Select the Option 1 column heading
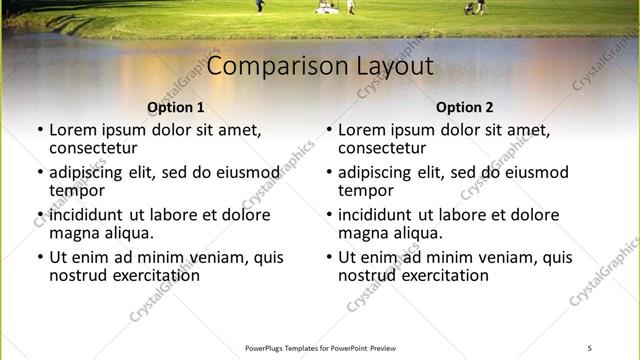(x=176, y=107)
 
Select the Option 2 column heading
(x=465, y=107)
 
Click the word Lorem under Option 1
(x=73, y=129)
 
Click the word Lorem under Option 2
(x=362, y=129)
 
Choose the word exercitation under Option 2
(x=445, y=275)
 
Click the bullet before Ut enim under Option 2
(x=329, y=257)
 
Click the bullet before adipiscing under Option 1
(x=40, y=172)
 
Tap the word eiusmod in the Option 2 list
(x=536, y=172)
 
